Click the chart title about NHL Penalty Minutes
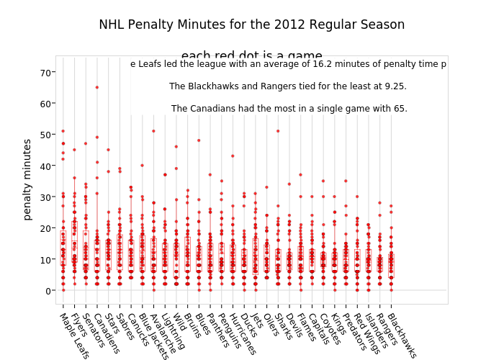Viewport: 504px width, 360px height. pyautogui.click(x=251, y=24)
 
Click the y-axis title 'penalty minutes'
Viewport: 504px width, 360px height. pyautogui.click(x=28, y=179)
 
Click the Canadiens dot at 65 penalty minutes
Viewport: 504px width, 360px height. pyautogui.click(x=97, y=87)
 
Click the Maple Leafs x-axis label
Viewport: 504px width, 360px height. pyautogui.click(x=73, y=335)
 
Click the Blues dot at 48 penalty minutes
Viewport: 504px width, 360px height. pyautogui.click(x=199, y=140)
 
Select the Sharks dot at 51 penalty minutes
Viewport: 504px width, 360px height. pyautogui.click(x=278, y=131)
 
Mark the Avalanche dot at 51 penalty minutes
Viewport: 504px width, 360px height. pyautogui.click(x=153, y=131)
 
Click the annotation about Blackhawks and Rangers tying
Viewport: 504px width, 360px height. pyautogui.click(x=288, y=86)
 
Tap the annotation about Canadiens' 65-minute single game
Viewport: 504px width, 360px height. pyautogui.click(x=289, y=109)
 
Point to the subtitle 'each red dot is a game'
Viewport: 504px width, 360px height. pyautogui.click(x=251, y=56)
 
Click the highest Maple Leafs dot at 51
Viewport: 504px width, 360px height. pyautogui.click(x=63, y=131)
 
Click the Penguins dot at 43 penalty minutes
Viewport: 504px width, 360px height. pyautogui.click(x=233, y=156)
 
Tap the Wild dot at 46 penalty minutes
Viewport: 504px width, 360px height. pyautogui.click(x=176, y=147)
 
